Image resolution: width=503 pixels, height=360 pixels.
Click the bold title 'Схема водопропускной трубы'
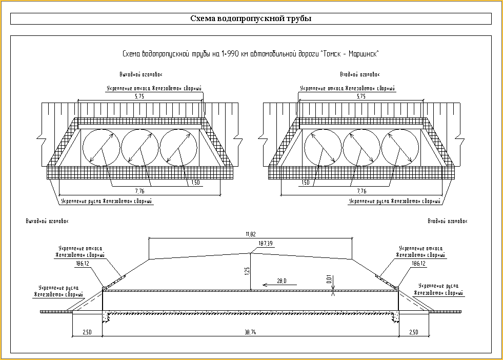pyautogui.click(x=251, y=19)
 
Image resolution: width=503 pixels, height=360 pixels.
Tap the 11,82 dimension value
pyautogui.click(x=250, y=234)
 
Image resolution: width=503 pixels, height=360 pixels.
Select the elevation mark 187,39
pyautogui.click(x=266, y=243)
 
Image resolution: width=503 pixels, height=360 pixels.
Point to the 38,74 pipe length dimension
pyautogui.click(x=250, y=333)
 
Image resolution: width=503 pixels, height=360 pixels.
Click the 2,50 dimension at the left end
pyautogui.click(x=87, y=333)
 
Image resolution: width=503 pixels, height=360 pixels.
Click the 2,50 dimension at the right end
pyautogui.click(x=413, y=333)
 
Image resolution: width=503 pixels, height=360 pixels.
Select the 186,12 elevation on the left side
pyautogui.click(x=83, y=263)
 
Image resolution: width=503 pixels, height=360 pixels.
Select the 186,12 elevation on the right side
pyautogui.click(x=418, y=263)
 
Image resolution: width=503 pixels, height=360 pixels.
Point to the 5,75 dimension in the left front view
pyautogui.click(x=125, y=96)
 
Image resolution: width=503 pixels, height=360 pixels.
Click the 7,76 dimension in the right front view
pyautogui.click(x=361, y=191)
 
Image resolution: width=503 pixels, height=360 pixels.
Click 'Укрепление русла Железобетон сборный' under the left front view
pyautogui.click(x=107, y=202)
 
